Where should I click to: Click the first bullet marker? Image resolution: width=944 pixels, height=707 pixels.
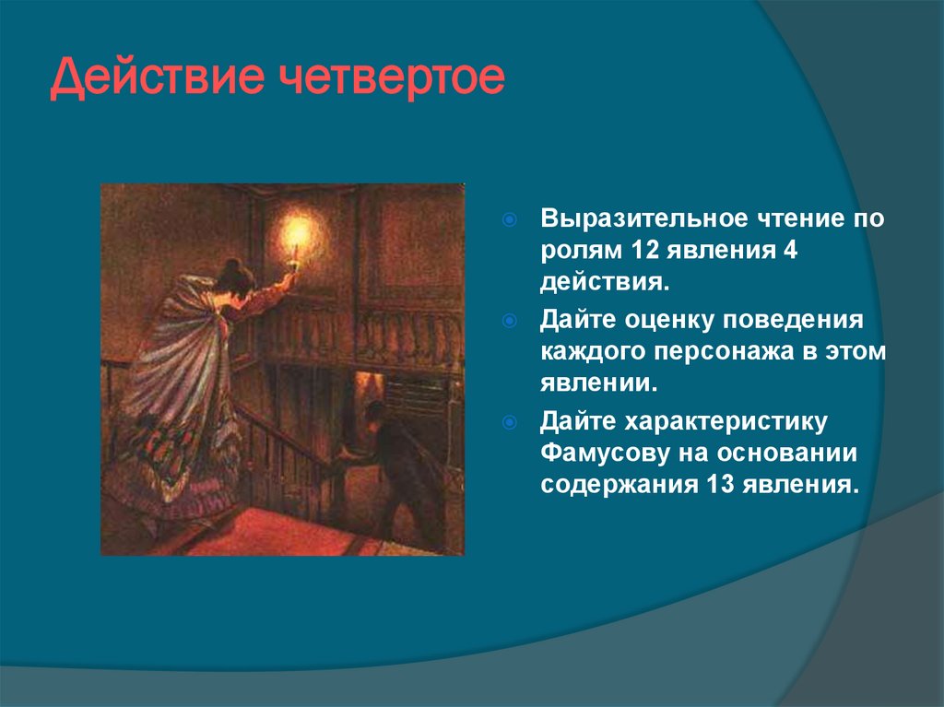click(510, 221)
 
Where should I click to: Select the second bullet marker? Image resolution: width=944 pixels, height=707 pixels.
click(510, 320)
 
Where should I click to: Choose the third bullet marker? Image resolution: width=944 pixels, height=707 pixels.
click(510, 423)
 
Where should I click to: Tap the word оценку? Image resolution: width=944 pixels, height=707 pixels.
click(660, 320)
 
